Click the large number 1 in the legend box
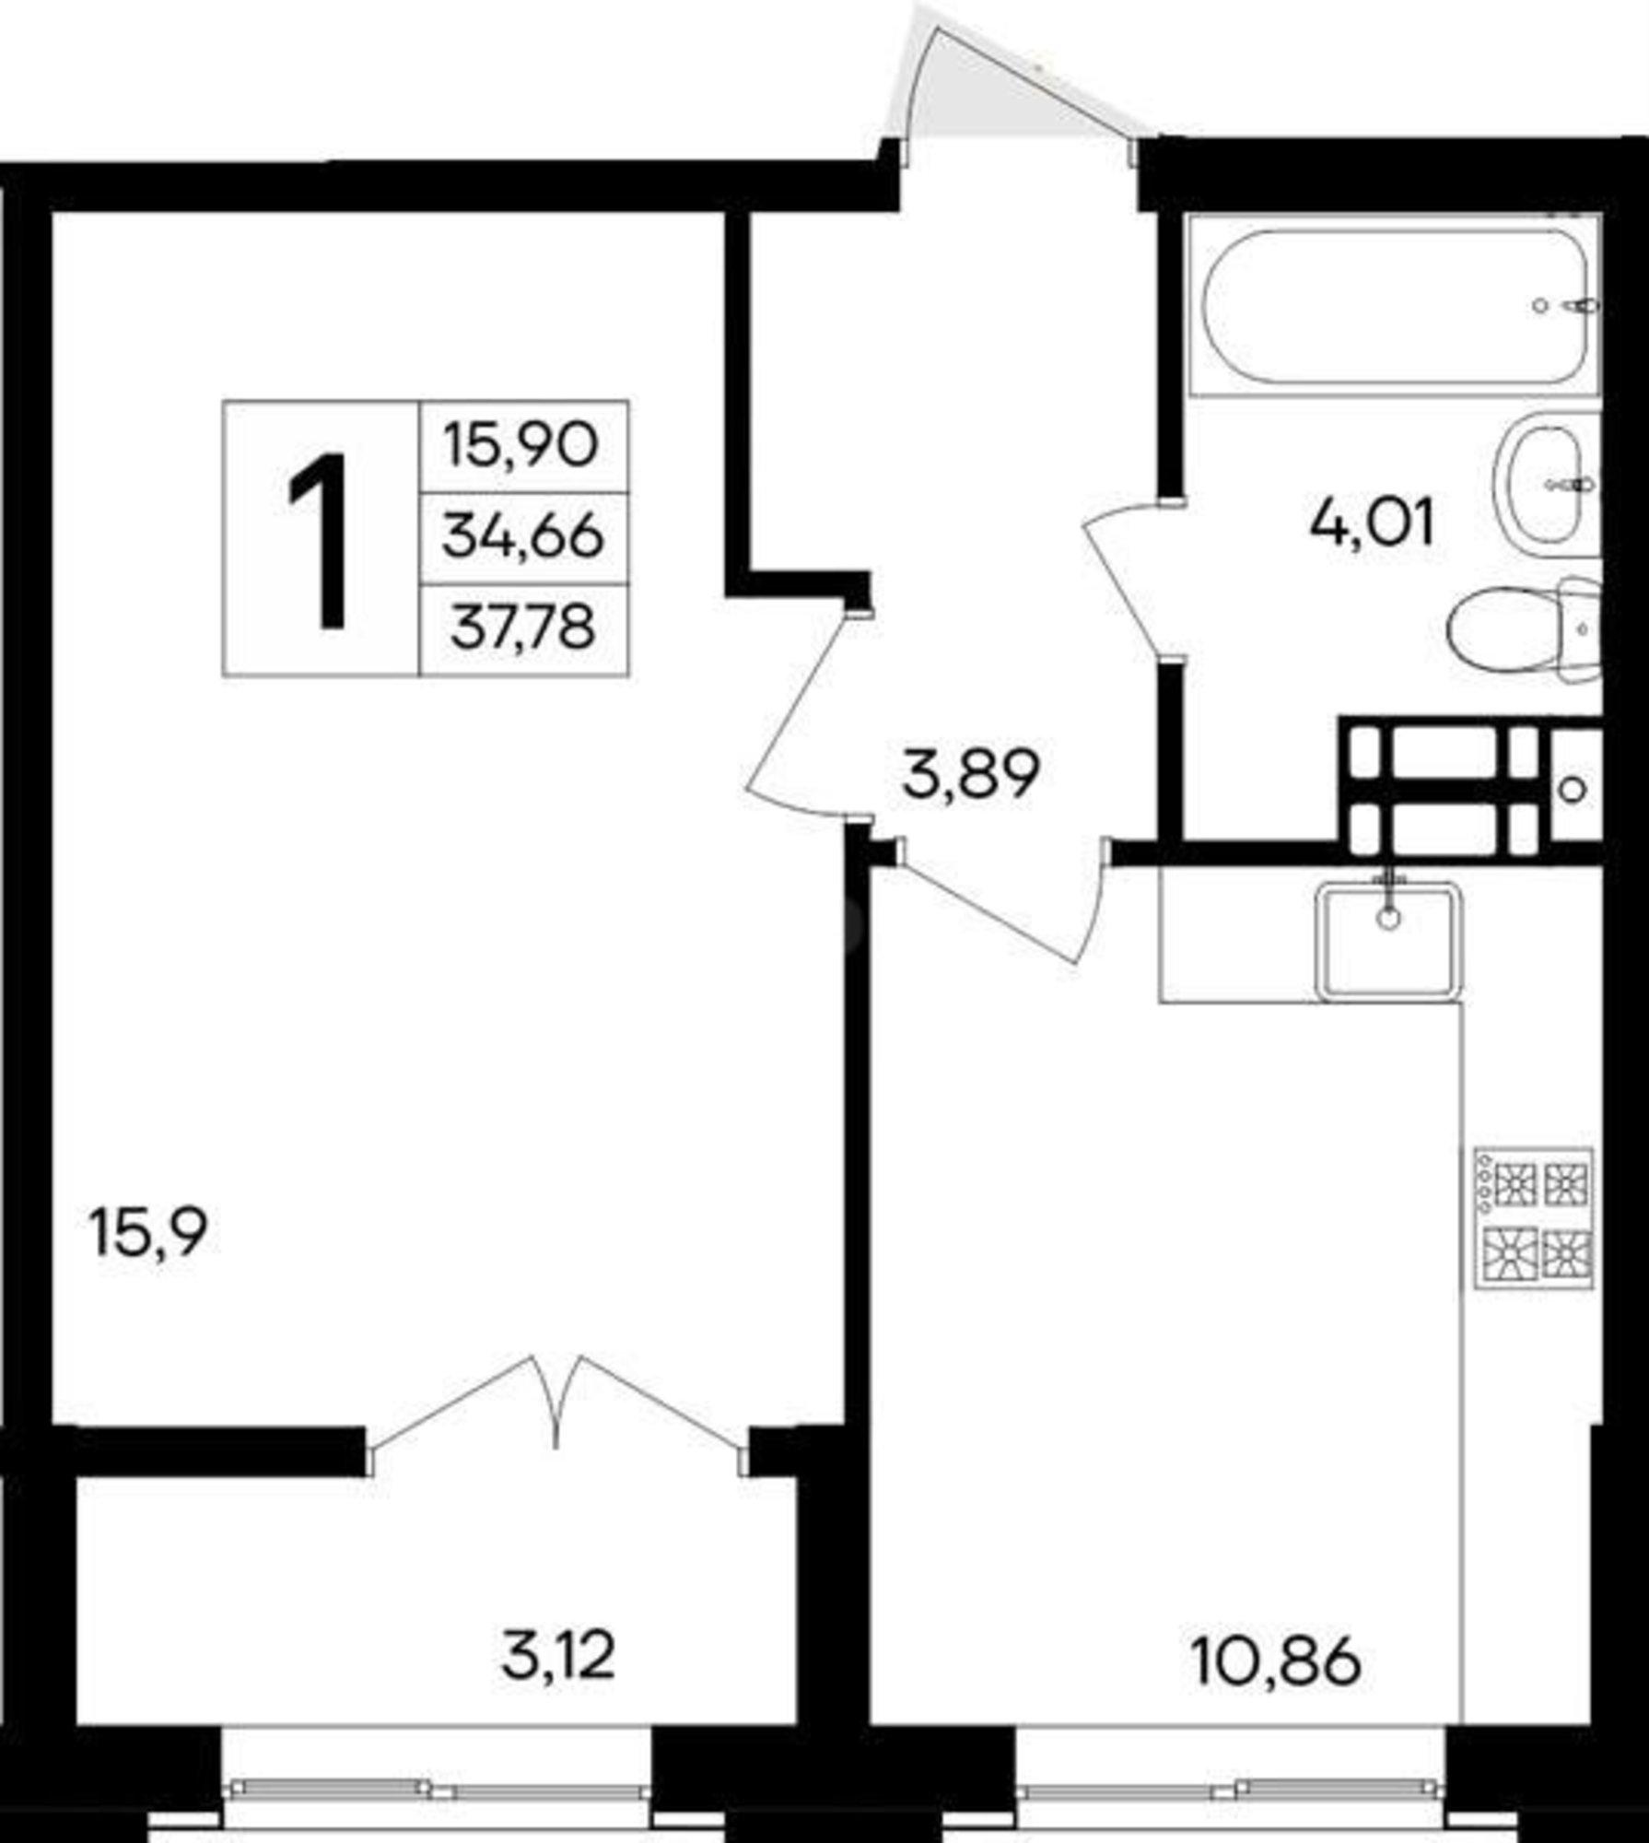point(318,540)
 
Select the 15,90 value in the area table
point(521,446)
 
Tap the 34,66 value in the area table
point(522,537)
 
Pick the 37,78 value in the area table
point(522,629)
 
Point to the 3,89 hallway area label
point(971,775)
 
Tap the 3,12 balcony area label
point(558,1656)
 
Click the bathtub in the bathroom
point(1393,306)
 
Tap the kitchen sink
point(1389,940)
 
